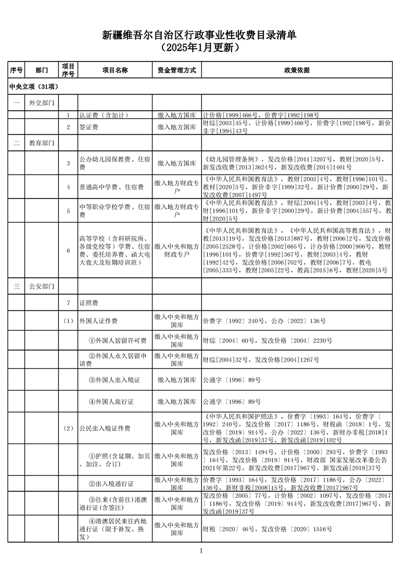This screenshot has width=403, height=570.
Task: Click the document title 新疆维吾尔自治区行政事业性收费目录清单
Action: point(201,35)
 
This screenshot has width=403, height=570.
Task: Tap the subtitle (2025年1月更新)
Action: point(201,48)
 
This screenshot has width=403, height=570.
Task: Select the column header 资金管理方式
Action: point(176,70)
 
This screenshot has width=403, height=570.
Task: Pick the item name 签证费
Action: point(89,126)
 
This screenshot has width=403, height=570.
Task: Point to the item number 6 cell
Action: point(68,250)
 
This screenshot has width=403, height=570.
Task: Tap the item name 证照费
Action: point(89,303)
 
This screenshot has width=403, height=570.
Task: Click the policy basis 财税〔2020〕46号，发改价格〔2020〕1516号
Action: point(267,529)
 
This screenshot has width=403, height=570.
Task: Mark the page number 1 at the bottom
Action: point(201,551)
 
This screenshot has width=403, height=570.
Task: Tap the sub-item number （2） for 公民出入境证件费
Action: point(68,428)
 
